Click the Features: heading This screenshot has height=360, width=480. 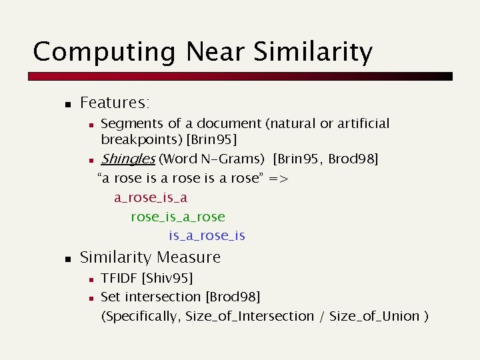pos(115,103)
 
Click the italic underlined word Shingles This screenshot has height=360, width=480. pos(127,159)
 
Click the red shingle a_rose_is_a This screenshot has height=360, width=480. pos(151,198)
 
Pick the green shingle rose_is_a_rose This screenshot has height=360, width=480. pos(178,217)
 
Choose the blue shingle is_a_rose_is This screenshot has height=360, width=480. pos(207,235)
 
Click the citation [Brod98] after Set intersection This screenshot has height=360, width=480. pos(233,296)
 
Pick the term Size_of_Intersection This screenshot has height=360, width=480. pos(249,316)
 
